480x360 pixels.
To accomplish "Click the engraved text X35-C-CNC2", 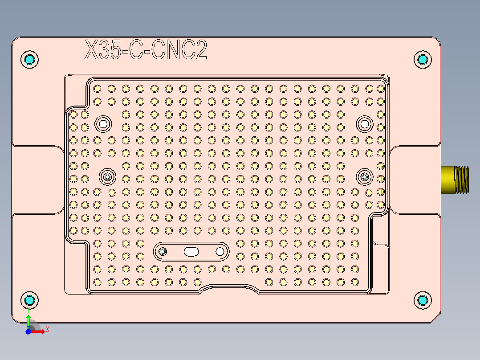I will (146, 50).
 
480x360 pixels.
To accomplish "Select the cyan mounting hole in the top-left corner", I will (30, 59).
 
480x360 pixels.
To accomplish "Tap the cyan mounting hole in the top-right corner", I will (423, 59).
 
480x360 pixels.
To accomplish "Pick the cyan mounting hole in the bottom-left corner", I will (30, 300).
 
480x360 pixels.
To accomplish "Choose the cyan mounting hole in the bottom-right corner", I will (423, 300).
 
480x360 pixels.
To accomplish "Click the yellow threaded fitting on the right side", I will (456, 180).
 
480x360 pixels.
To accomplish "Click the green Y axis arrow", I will (28, 321).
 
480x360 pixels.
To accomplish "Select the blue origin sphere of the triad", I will (28, 332).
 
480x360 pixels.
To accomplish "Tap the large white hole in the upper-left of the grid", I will (103, 123).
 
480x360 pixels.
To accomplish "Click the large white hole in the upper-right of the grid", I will (365, 123).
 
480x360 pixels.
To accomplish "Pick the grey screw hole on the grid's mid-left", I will (107, 177).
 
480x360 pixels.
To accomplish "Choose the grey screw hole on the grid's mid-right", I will (365, 177).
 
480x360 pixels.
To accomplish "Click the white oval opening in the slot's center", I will (191, 252).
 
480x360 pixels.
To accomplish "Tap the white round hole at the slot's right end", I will (220, 252).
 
